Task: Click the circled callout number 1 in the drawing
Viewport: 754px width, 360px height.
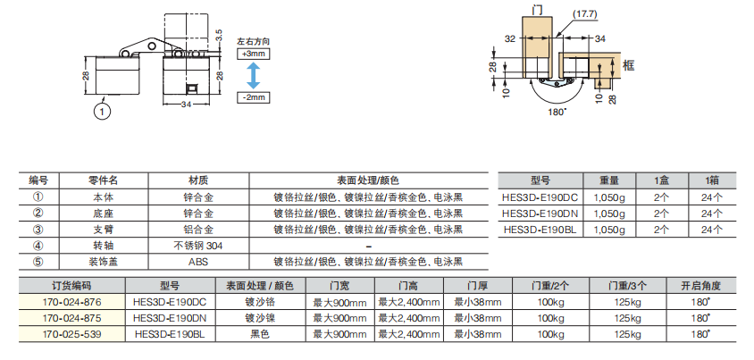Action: [104, 111]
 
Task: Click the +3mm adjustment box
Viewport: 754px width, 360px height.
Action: [254, 54]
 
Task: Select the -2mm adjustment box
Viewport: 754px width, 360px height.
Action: [254, 96]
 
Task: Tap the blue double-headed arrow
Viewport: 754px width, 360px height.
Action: [254, 75]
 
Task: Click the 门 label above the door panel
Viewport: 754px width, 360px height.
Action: [537, 10]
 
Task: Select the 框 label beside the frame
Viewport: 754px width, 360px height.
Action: [629, 65]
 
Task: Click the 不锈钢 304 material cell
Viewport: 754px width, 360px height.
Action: [197, 246]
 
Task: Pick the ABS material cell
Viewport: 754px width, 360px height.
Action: [197, 262]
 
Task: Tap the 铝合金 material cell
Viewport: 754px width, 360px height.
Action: [197, 230]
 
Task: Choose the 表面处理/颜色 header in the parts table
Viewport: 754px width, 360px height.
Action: [368, 180]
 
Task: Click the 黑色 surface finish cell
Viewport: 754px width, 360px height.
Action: [259, 334]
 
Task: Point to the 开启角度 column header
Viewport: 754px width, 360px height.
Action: [700, 286]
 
